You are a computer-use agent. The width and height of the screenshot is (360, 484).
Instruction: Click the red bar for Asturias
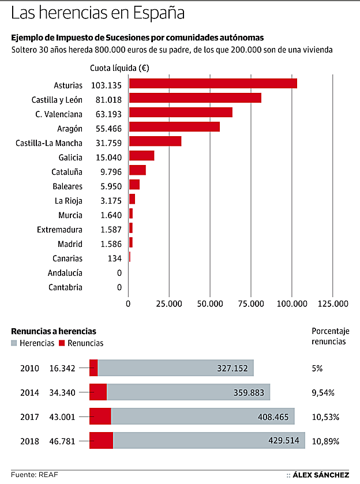tap(212, 84)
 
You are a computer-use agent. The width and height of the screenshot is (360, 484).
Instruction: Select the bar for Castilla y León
tap(194, 98)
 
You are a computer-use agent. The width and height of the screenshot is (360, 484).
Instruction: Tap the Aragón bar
tap(174, 127)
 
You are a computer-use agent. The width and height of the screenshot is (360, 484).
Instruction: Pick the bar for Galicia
tap(141, 156)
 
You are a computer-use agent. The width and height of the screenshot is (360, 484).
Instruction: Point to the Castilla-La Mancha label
tap(49, 143)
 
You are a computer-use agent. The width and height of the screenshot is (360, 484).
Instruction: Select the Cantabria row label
tap(65, 287)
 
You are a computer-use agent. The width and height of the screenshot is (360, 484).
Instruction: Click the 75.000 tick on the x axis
tap(251, 303)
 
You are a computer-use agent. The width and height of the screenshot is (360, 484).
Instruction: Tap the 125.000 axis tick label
tap(333, 303)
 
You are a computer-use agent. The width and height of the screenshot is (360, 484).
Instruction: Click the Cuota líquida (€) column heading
tap(119, 67)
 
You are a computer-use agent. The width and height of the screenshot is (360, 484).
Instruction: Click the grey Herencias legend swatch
tap(14, 343)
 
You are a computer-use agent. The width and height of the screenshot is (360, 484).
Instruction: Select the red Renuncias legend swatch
tap(62, 343)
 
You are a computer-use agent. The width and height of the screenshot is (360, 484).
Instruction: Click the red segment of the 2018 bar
tap(101, 441)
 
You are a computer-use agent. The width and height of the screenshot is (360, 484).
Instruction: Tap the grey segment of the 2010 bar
tap(175, 368)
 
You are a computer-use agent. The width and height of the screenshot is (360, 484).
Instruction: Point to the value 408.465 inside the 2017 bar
tap(268, 417)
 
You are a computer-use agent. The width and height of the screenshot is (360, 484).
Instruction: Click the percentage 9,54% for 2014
tap(323, 393)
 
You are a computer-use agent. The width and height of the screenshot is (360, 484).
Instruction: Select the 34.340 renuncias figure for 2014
tap(62, 393)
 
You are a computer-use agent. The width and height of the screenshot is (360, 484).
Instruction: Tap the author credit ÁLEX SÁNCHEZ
tap(320, 475)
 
